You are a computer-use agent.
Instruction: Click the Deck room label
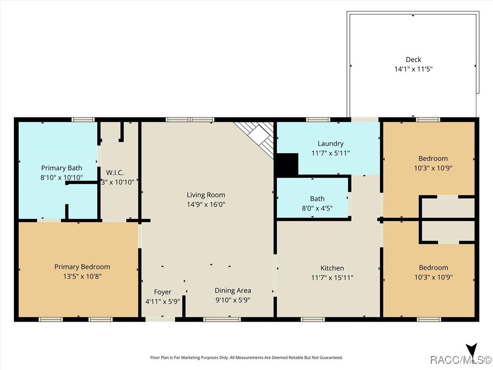[413, 59]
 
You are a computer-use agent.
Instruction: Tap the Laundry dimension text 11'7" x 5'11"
[330, 153]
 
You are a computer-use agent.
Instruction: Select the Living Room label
[206, 195]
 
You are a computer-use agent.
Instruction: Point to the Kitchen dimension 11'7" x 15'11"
[332, 277]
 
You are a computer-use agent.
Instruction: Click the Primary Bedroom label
[82, 267]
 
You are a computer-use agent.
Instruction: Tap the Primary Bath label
[62, 168]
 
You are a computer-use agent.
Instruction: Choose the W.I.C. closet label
[115, 172]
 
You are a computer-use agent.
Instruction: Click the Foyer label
[163, 292]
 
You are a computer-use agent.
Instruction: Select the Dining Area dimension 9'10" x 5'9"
[233, 300]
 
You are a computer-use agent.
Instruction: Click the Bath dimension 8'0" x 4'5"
[317, 208]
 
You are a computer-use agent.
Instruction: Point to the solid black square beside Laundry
[286, 165]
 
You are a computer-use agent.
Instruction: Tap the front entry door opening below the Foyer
[160, 319]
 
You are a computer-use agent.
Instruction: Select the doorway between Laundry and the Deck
[365, 119]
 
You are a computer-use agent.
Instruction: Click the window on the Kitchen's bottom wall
[312, 319]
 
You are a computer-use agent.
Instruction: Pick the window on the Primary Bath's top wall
[83, 119]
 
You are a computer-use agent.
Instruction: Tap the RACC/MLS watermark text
[461, 359]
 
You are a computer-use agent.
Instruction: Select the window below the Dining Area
[222, 319]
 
